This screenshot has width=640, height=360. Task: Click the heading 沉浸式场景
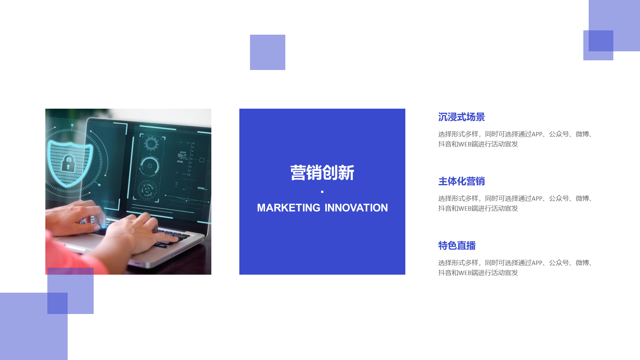461,117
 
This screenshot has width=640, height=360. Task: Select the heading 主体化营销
461,181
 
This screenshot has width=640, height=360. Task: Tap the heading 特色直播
457,246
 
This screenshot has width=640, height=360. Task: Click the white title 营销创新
322,173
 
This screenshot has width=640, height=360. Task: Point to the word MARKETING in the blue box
289,208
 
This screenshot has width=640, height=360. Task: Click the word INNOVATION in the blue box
356,208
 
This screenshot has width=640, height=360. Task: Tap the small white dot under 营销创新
322,192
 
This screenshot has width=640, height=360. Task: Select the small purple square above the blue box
268,52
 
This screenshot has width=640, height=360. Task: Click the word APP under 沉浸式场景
537,134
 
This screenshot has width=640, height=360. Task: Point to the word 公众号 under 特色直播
559,263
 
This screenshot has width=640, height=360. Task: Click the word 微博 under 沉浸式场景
582,134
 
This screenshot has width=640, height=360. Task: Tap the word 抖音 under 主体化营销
445,208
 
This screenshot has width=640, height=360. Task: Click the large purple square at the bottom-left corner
34,326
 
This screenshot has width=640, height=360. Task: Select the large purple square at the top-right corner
614,26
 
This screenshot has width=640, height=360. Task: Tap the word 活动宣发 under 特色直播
505,273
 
